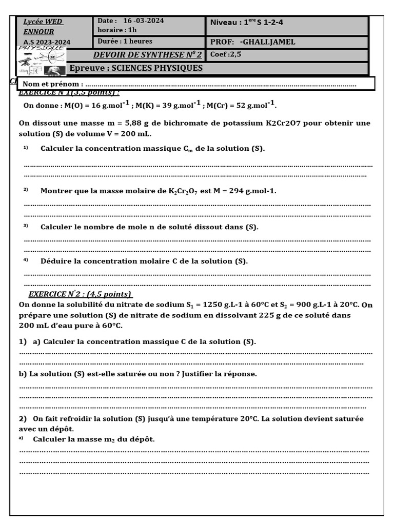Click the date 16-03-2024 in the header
[144, 21]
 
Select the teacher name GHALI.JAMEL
[267, 42]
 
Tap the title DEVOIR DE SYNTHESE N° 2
[148, 55]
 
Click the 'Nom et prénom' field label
[53, 84]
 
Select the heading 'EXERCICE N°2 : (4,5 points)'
[80, 294]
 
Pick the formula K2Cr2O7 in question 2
[183, 191]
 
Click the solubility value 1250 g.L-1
[222, 305]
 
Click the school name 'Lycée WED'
[43, 22]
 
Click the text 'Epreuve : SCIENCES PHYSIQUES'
[136, 68]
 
